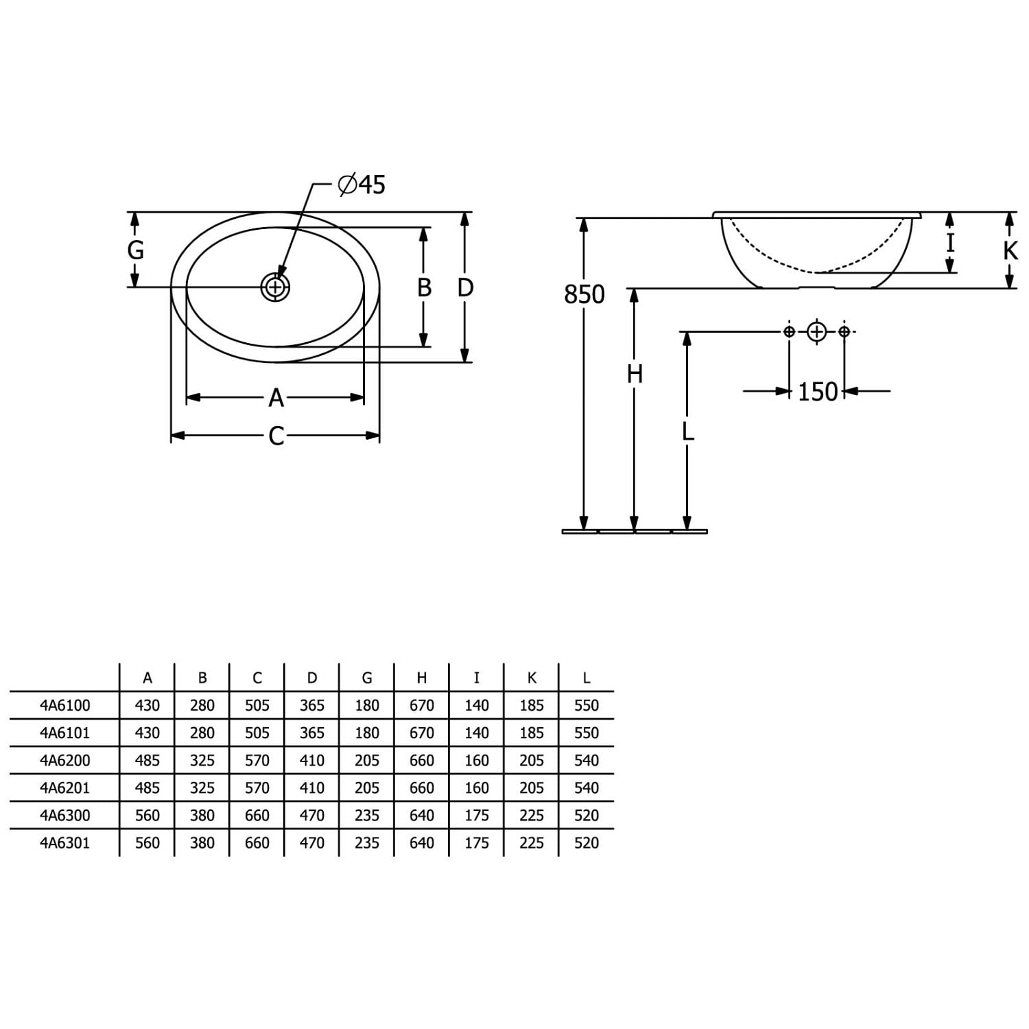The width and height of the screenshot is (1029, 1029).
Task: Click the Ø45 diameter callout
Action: tap(362, 185)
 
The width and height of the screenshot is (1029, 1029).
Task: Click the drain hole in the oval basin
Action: tap(275, 287)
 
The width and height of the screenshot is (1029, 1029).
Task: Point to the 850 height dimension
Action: tap(584, 294)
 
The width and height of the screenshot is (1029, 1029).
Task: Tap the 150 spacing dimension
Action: tap(818, 392)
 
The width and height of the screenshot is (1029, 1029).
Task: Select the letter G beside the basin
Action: tap(136, 250)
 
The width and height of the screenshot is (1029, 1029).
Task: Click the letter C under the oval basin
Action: tap(276, 436)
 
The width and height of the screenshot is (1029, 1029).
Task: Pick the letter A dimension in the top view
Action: tap(276, 397)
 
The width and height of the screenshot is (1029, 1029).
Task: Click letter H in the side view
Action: tap(635, 375)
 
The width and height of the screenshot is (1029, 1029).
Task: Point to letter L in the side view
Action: tap(688, 431)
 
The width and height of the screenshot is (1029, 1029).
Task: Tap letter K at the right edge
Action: tap(1010, 251)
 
